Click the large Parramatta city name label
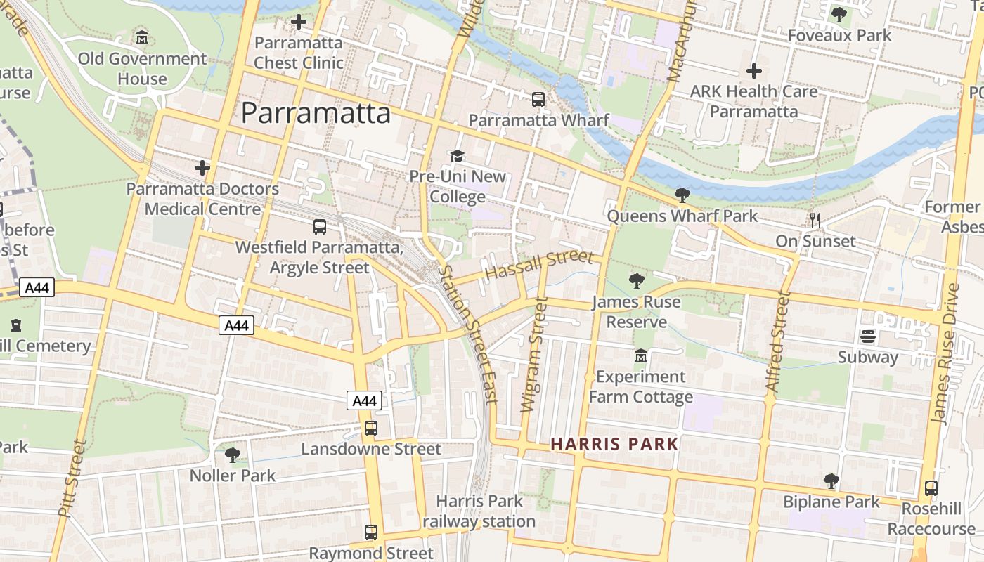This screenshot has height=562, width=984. coord(316,112)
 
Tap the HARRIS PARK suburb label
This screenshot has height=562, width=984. coord(614,444)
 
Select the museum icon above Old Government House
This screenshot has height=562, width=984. coord(142,37)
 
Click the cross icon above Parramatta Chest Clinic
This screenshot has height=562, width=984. coord(299,22)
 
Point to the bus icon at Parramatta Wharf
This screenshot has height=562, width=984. coord(538,100)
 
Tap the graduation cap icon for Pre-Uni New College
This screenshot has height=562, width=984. coord(458,155)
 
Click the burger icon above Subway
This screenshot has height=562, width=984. coord(868,336)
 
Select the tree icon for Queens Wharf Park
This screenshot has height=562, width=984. coord(682,195)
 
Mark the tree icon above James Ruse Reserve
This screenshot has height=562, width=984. coord(636,281)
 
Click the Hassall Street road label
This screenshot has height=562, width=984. coord(539,265)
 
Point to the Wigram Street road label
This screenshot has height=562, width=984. coord(533,355)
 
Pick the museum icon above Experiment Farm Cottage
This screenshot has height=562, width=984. coord(640,357)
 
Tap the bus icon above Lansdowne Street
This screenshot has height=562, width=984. coord(370,428)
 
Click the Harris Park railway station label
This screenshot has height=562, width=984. coord(479,511)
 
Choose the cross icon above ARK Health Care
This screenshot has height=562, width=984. coord(754,71)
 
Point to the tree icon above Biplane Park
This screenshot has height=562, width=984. coord(831,481)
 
